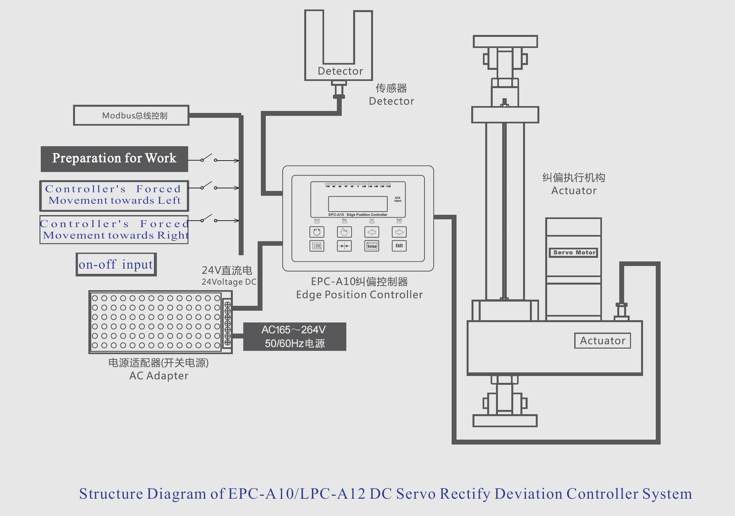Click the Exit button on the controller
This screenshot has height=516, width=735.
coord(399,246)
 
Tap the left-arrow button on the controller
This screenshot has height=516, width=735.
coord(372,232)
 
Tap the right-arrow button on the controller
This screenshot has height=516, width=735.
coord(399,232)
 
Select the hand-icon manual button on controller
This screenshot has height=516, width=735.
coord(344,232)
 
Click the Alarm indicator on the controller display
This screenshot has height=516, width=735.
coord(397,199)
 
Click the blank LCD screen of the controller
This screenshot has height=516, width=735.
coord(358,204)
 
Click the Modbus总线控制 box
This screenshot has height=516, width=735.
coord(131,116)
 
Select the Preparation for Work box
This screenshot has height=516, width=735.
coord(114,159)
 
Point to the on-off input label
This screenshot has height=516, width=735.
coord(116,264)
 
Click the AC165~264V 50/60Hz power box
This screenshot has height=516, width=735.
coord(294,336)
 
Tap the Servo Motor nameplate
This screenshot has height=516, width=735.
coord(574,252)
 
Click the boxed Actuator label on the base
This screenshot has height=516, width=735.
coord(602,341)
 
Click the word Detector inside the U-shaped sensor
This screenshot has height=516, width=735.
coord(340,71)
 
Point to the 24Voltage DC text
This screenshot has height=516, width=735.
coord(229,282)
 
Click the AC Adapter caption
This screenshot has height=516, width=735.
coord(159,376)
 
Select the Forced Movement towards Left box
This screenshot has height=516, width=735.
coord(114,195)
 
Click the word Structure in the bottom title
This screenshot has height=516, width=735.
coord(111,493)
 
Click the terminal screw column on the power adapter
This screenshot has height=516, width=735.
coord(228,323)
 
